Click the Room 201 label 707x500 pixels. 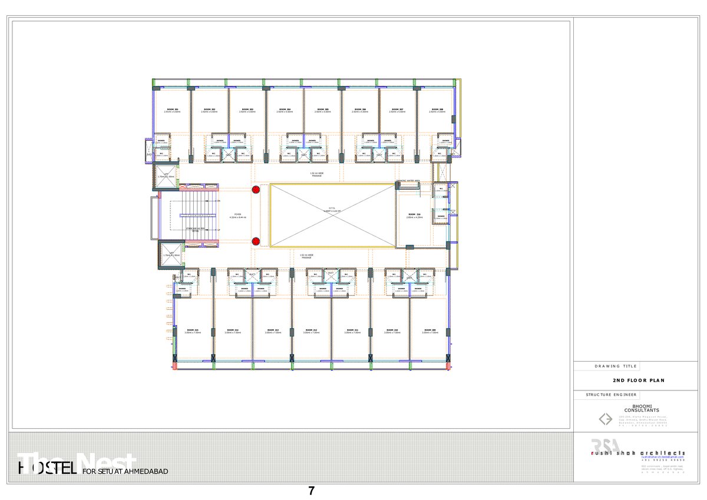tap(172, 110)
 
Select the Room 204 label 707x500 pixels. tap(285, 110)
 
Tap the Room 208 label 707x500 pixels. tap(437, 110)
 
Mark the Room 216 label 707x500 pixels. tap(414, 214)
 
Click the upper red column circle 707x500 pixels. tap(256, 190)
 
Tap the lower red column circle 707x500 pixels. tap(256, 241)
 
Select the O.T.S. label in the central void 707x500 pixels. tap(332, 208)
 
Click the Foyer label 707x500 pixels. tap(238, 214)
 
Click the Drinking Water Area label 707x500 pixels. tap(408, 181)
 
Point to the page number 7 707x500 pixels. tap(312, 491)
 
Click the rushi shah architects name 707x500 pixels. tap(638, 452)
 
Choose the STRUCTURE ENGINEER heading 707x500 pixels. tap(611, 395)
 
